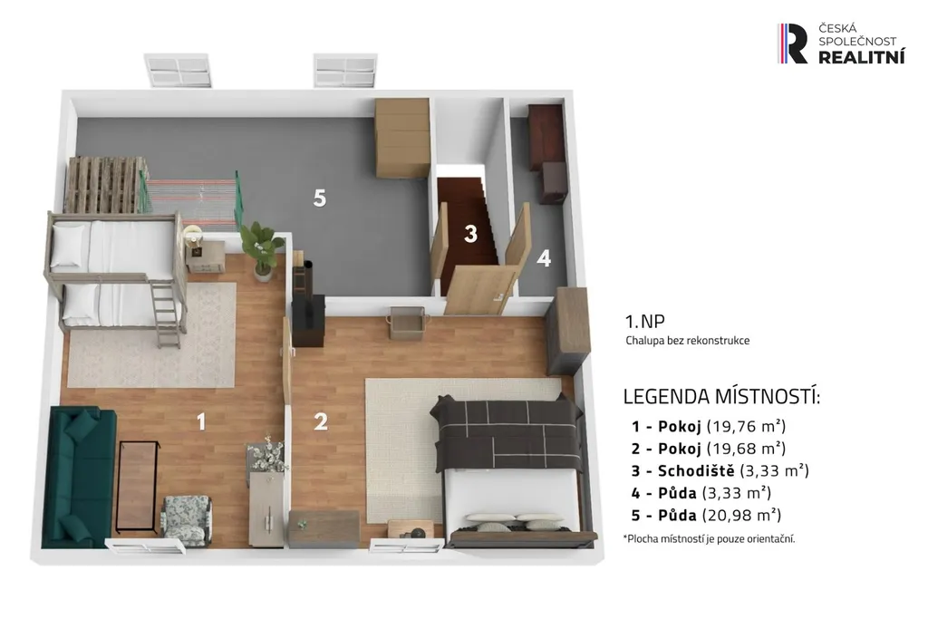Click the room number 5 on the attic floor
tap(320, 198)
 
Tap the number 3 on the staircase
tap(470, 234)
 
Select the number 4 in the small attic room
tap(544, 257)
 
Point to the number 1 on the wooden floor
tap(201, 421)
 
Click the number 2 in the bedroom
tap(321, 421)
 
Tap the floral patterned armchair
tap(187, 519)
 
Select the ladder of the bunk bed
tap(167, 314)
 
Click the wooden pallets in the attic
tap(104, 185)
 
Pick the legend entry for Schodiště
tap(720, 470)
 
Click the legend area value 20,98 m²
tap(741, 515)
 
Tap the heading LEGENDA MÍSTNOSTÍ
tap(722, 396)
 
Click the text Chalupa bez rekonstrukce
tap(688, 340)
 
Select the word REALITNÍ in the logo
tap(862, 57)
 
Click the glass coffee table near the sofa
tap(138, 485)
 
